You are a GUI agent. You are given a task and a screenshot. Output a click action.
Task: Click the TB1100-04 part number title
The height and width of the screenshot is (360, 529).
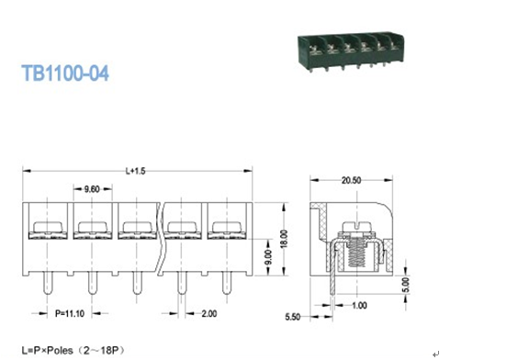coord(65,73)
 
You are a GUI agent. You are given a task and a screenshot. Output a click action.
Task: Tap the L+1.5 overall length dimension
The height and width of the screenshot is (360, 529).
coord(136,171)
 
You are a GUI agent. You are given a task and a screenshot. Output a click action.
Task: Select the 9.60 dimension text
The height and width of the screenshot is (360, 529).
coord(92,189)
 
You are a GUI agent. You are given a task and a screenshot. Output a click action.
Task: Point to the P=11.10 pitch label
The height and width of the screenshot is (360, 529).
coord(70,313)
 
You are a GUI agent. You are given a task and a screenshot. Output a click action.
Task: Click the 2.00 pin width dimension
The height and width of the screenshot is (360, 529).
coord(209,314)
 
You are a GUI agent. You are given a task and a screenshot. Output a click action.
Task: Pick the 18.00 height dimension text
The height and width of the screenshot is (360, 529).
coord(284,239)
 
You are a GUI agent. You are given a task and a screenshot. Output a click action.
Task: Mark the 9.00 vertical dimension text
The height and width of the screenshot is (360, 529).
coord(268,257)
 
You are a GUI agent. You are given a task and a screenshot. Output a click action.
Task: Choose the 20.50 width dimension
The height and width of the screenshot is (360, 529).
coord(351,181)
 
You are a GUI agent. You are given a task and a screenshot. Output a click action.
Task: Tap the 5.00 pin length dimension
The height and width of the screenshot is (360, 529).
coord(406,285)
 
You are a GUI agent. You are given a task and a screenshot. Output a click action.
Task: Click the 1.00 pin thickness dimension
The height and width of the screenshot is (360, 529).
coord(359,305)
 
